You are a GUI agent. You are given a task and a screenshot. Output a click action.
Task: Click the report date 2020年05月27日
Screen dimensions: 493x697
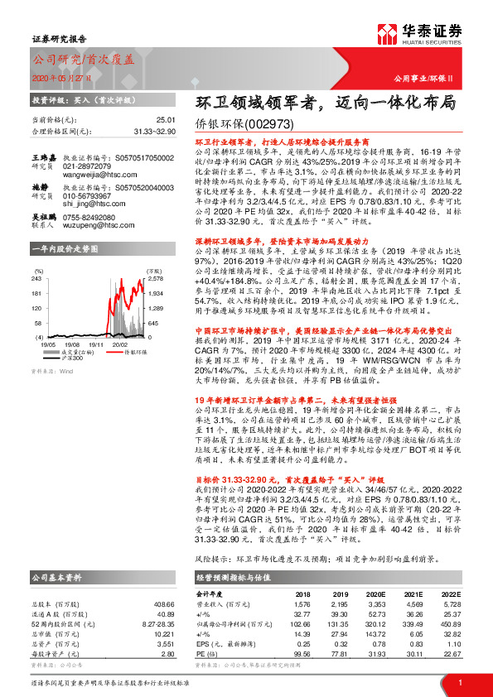click(60, 78)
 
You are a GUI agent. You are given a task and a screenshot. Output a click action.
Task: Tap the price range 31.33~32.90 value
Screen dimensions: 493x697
click(155, 131)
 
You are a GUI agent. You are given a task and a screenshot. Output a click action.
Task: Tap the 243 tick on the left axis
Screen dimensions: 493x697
click(37, 279)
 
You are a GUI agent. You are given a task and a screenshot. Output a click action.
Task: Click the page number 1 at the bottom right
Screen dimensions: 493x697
click(459, 681)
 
